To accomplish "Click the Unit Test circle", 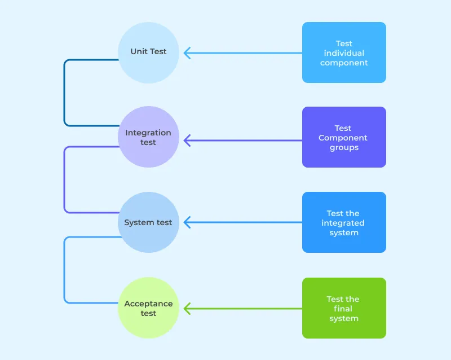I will pyautogui.click(x=148, y=52).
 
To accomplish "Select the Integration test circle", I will pyautogui.click(x=148, y=137).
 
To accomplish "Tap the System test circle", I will pyautogui.click(x=148, y=222).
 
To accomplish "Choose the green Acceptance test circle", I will pyautogui.click(x=148, y=308).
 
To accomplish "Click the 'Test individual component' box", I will pyautogui.click(x=344, y=52).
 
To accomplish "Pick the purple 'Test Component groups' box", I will pyautogui.click(x=344, y=137).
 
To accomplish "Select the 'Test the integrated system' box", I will pyautogui.click(x=344, y=222).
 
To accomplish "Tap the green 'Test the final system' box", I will pyautogui.click(x=344, y=308).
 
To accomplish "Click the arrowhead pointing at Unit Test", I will pyautogui.click(x=187, y=53).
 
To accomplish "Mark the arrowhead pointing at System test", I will pyautogui.click(x=187, y=222).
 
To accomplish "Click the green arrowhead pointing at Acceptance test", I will pyautogui.click(x=187, y=308).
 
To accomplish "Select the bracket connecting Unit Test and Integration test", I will pyautogui.click(x=64, y=93).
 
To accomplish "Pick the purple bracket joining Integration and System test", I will pyautogui.click(x=64, y=179).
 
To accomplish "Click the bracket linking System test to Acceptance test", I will pyautogui.click(x=64, y=270).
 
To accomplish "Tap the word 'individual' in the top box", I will pyautogui.click(x=344, y=53).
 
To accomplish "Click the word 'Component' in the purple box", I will pyautogui.click(x=343, y=138).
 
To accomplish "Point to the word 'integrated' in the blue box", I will pyautogui.click(x=343, y=223).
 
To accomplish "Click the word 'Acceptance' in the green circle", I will pyautogui.click(x=148, y=304).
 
